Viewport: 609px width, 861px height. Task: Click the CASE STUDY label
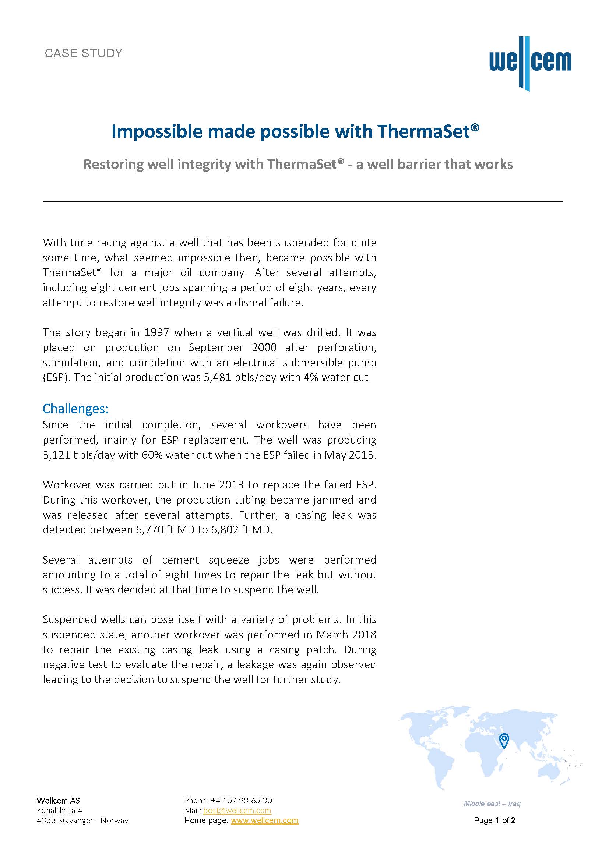(x=84, y=53)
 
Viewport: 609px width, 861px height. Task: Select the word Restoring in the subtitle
(x=113, y=164)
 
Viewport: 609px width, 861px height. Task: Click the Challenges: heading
(x=75, y=408)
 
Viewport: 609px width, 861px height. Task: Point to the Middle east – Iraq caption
(x=492, y=804)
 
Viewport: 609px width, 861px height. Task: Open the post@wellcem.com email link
(x=237, y=810)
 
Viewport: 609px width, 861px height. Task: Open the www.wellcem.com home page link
(x=264, y=821)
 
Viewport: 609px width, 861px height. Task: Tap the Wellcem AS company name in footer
(x=58, y=801)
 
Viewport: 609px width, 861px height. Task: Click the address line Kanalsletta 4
(x=59, y=810)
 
